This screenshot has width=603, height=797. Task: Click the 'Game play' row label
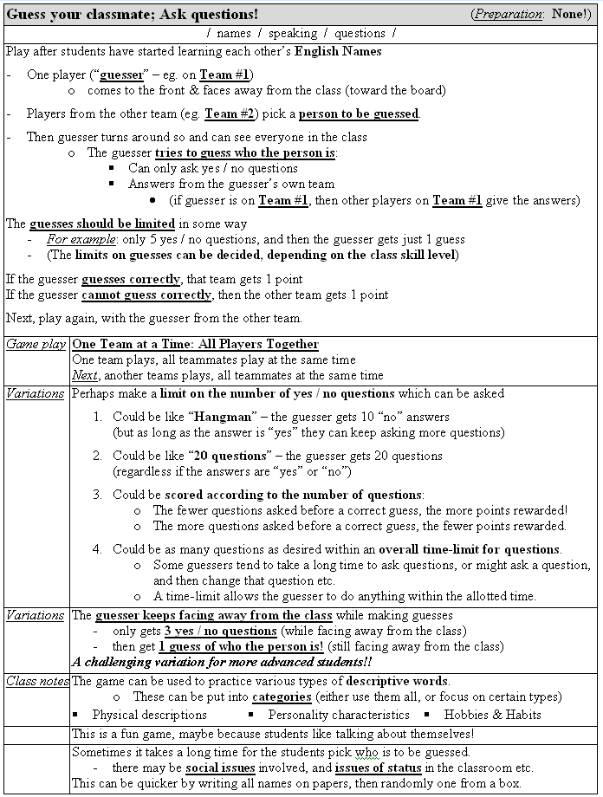pyautogui.click(x=36, y=344)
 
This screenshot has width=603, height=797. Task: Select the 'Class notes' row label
pyautogui.click(x=37, y=681)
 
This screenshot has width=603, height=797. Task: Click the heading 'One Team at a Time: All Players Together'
pyautogui.click(x=195, y=344)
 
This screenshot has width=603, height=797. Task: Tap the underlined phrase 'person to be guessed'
pyautogui.click(x=359, y=114)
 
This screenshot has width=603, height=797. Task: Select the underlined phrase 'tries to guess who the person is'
pyautogui.click(x=245, y=152)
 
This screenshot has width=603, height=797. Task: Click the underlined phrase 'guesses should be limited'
pyautogui.click(x=102, y=223)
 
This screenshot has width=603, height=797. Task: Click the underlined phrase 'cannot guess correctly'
pyautogui.click(x=146, y=295)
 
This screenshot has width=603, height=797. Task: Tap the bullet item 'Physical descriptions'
pyautogui.click(x=149, y=715)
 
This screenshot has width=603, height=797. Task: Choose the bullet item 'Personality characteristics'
pyautogui.click(x=338, y=715)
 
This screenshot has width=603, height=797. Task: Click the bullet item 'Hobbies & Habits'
pyautogui.click(x=492, y=715)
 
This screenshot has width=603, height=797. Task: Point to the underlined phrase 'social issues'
pyautogui.click(x=220, y=768)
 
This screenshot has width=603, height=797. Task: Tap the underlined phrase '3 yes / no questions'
pyautogui.click(x=220, y=631)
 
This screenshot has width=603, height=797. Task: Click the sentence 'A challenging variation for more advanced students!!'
pyautogui.click(x=222, y=663)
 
